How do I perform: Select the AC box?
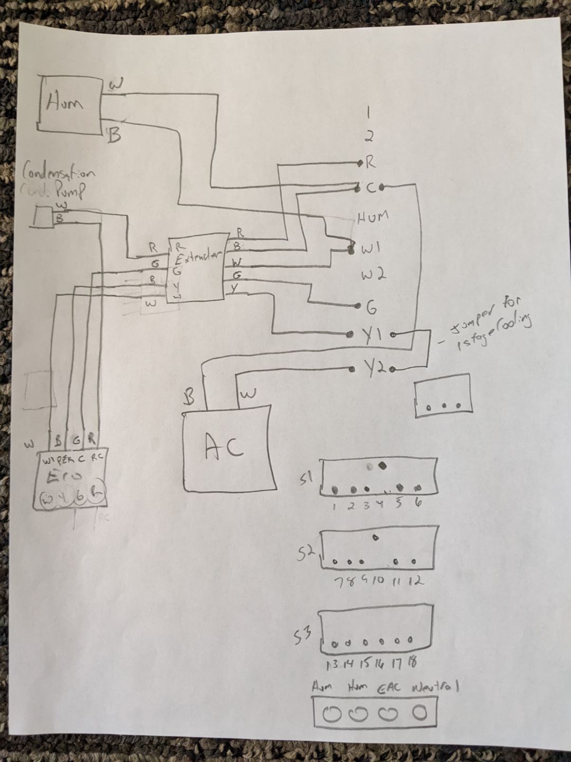coord(229,448)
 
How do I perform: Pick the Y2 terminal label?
coord(375,367)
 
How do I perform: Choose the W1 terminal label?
coord(373,247)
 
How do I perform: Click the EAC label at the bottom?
coord(389,688)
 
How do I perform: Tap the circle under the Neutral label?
coord(420,713)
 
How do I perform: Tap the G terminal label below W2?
coord(371,306)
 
